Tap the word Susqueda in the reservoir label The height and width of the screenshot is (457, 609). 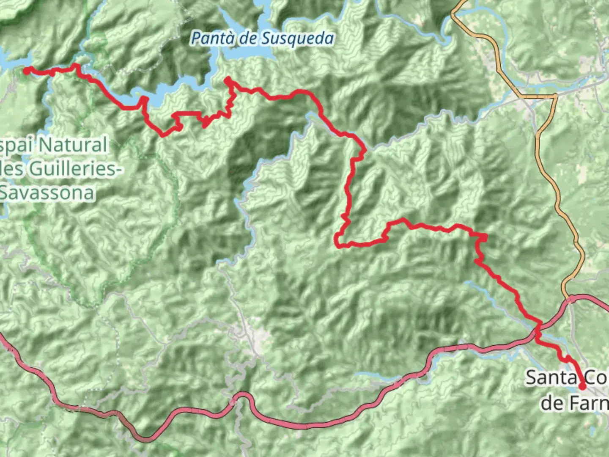point(298,39)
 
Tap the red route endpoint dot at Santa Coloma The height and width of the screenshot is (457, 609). point(582,386)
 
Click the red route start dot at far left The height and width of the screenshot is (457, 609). point(26,71)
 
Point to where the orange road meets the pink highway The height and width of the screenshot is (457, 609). point(569,298)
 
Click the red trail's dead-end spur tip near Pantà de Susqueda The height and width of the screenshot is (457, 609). point(228,79)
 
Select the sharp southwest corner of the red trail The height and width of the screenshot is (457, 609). point(337,245)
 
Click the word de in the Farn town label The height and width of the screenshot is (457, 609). point(552,403)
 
